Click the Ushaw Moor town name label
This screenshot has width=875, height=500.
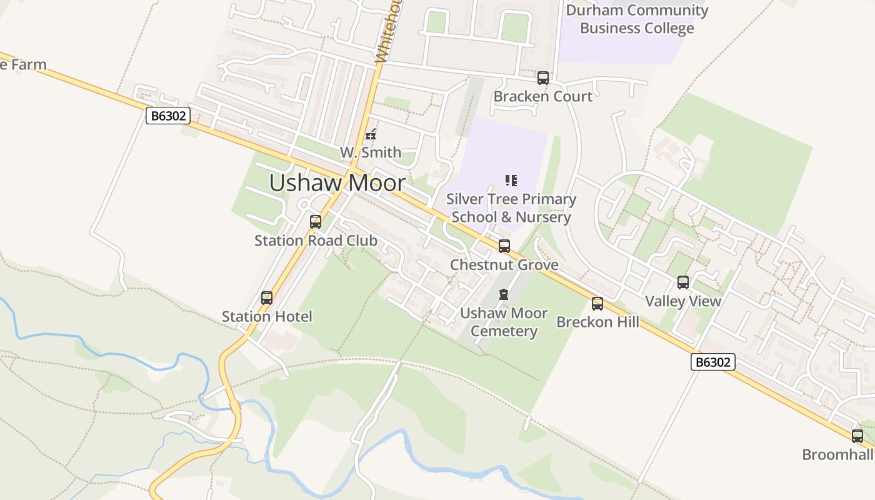pos(337,182)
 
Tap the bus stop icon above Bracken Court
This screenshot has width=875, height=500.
pos(543,78)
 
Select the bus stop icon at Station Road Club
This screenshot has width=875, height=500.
pos(316,222)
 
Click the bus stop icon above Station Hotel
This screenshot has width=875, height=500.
pos(267,298)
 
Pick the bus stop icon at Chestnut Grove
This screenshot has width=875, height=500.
pos(504,246)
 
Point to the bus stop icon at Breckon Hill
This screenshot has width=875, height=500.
pos(597,304)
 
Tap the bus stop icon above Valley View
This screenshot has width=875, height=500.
pos(683,282)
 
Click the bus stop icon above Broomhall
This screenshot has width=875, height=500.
pos(857,436)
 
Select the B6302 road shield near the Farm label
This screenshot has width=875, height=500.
pos(168,116)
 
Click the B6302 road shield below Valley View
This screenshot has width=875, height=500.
pos(713,362)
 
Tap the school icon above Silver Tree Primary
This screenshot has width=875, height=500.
pos(511,181)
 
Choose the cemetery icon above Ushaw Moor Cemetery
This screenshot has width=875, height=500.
pos(504,294)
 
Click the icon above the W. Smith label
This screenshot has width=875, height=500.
pos(371,134)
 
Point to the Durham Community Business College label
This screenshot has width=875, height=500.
pos(637,19)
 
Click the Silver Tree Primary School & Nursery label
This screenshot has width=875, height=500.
pos(511,208)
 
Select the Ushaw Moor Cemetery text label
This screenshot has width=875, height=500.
pos(504,322)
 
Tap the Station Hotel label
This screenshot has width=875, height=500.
pos(267,316)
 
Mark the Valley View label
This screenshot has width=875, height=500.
pos(683,301)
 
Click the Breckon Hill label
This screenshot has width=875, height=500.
pos(598,322)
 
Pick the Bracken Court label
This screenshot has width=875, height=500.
pos(543,96)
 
